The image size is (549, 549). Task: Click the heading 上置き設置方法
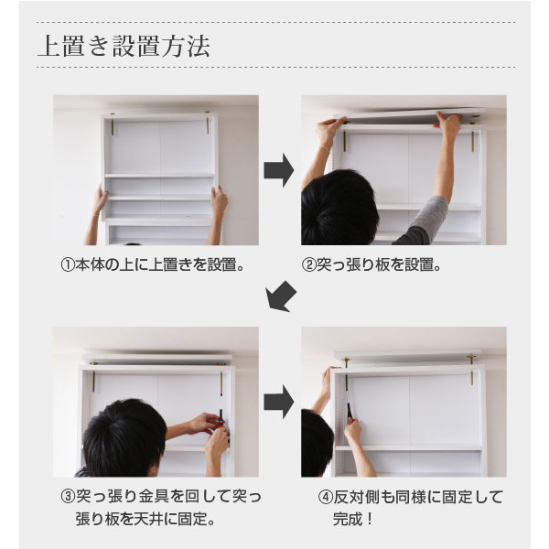click(124, 47)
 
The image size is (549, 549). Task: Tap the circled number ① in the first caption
click(68, 265)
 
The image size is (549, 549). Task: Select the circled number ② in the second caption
click(309, 265)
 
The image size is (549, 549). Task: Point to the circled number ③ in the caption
click(68, 497)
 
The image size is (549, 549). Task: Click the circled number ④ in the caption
click(325, 497)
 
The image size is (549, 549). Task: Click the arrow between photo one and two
click(279, 170)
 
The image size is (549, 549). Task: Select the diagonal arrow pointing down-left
click(281, 296)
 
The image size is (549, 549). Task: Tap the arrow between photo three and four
click(279, 402)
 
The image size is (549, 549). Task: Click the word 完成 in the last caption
click(348, 519)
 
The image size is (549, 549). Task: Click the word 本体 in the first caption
click(90, 265)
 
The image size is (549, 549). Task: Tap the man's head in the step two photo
click(340, 208)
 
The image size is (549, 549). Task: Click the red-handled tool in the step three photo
click(221, 419)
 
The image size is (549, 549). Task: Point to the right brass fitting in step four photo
click(471, 371)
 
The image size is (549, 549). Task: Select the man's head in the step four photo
click(317, 443)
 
